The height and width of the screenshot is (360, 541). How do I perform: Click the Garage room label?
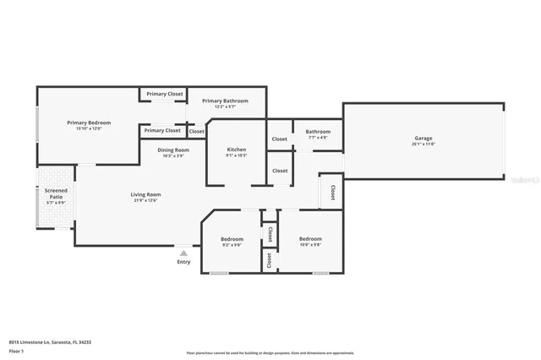tap(423, 138)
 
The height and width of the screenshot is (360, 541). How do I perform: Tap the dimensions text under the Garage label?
tap(423, 144)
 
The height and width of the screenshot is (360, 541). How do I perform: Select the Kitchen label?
tap(237, 150)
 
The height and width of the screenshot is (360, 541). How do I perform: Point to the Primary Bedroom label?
tap(89, 123)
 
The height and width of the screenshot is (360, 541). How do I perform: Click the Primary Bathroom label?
tap(224, 101)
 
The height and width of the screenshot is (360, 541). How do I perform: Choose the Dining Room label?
tap(173, 150)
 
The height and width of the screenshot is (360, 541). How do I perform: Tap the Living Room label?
tap(145, 194)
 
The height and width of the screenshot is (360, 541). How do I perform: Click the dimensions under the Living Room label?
tap(145, 200)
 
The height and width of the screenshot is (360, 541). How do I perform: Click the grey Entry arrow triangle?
tap(183, 252)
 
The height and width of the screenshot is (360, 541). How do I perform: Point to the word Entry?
tap(183, 262)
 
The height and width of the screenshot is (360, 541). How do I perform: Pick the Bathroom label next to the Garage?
tap(318, 131)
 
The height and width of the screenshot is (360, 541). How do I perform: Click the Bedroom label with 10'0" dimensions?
tap(310, 239)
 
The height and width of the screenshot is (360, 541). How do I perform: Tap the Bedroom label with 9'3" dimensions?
tap(232, 239)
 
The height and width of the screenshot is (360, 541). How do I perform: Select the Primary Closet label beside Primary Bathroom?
tap(164, 94)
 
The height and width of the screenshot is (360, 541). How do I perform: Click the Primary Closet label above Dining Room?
tap(161, 130)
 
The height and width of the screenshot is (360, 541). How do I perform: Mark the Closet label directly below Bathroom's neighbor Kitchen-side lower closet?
tap(280, 171)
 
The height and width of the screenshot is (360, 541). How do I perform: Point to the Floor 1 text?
tap(16, 351)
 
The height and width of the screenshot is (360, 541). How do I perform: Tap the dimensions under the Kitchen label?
tap(237, 155)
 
